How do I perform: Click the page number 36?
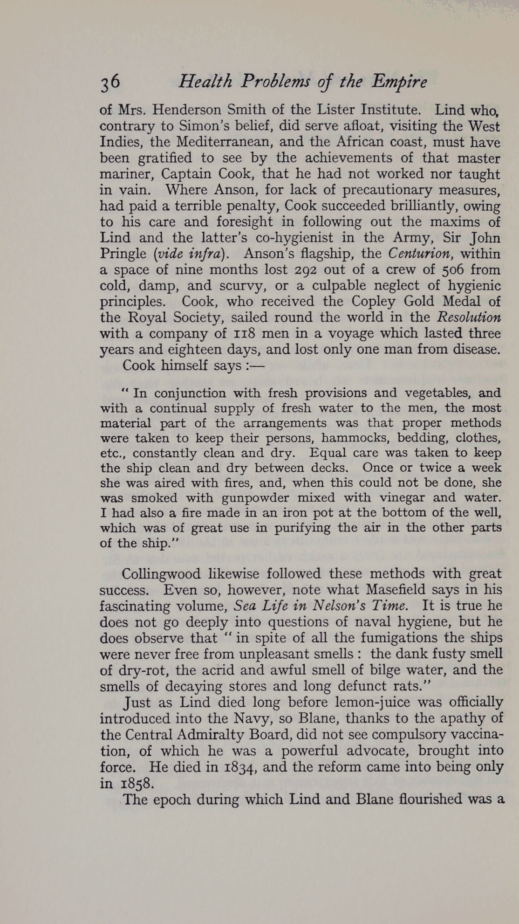[x=110, y=82]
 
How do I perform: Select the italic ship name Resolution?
[x=469, y=317]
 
